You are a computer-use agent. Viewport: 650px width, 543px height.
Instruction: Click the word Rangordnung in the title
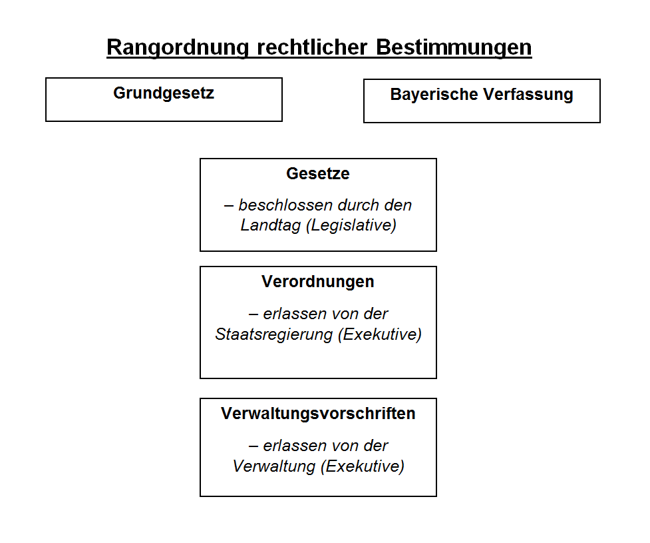coord(178,48)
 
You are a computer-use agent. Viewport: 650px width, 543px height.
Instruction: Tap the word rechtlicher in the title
coord(312,47)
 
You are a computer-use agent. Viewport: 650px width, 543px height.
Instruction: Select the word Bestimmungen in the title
coord(454,48)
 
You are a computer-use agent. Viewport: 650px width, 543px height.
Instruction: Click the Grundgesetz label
coord(164,93)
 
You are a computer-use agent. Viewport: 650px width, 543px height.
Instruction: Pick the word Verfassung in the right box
coord(528,95)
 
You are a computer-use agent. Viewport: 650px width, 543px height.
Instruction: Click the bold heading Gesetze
coord(318,173)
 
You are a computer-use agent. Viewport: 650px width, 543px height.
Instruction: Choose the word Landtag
coord(271,225)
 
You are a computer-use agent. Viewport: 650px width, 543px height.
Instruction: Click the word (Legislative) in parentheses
coord(351,225)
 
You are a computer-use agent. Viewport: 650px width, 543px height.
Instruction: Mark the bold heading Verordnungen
coord(318,281)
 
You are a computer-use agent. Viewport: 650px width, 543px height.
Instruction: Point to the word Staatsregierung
coord(274,334)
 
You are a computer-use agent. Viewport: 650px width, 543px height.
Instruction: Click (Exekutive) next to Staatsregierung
coord(380,334)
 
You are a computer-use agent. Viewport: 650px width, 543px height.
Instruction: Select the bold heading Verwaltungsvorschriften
coord(318,414)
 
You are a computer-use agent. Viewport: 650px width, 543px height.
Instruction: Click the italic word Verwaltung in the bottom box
coord(274,466)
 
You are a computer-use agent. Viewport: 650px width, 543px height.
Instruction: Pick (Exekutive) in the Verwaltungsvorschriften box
coord(363,466)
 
